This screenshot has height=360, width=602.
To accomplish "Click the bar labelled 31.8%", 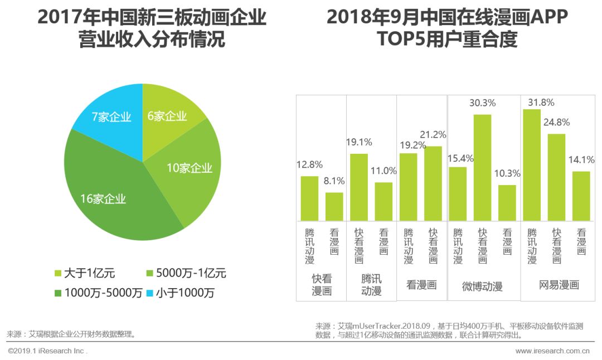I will (532, 164).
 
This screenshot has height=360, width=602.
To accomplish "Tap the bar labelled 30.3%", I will (482, 167).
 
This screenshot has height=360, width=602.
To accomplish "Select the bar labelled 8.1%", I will (334, 206).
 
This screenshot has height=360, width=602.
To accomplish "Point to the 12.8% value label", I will (309, 165).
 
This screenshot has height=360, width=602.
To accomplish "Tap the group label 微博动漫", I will (482, 286).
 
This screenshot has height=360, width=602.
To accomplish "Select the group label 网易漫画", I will (559, 285).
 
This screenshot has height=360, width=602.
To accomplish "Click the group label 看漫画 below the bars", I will (421, 285).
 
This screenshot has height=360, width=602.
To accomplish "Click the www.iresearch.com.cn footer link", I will (552, 351).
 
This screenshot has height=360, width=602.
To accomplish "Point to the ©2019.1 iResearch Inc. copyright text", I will (48, 351).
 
